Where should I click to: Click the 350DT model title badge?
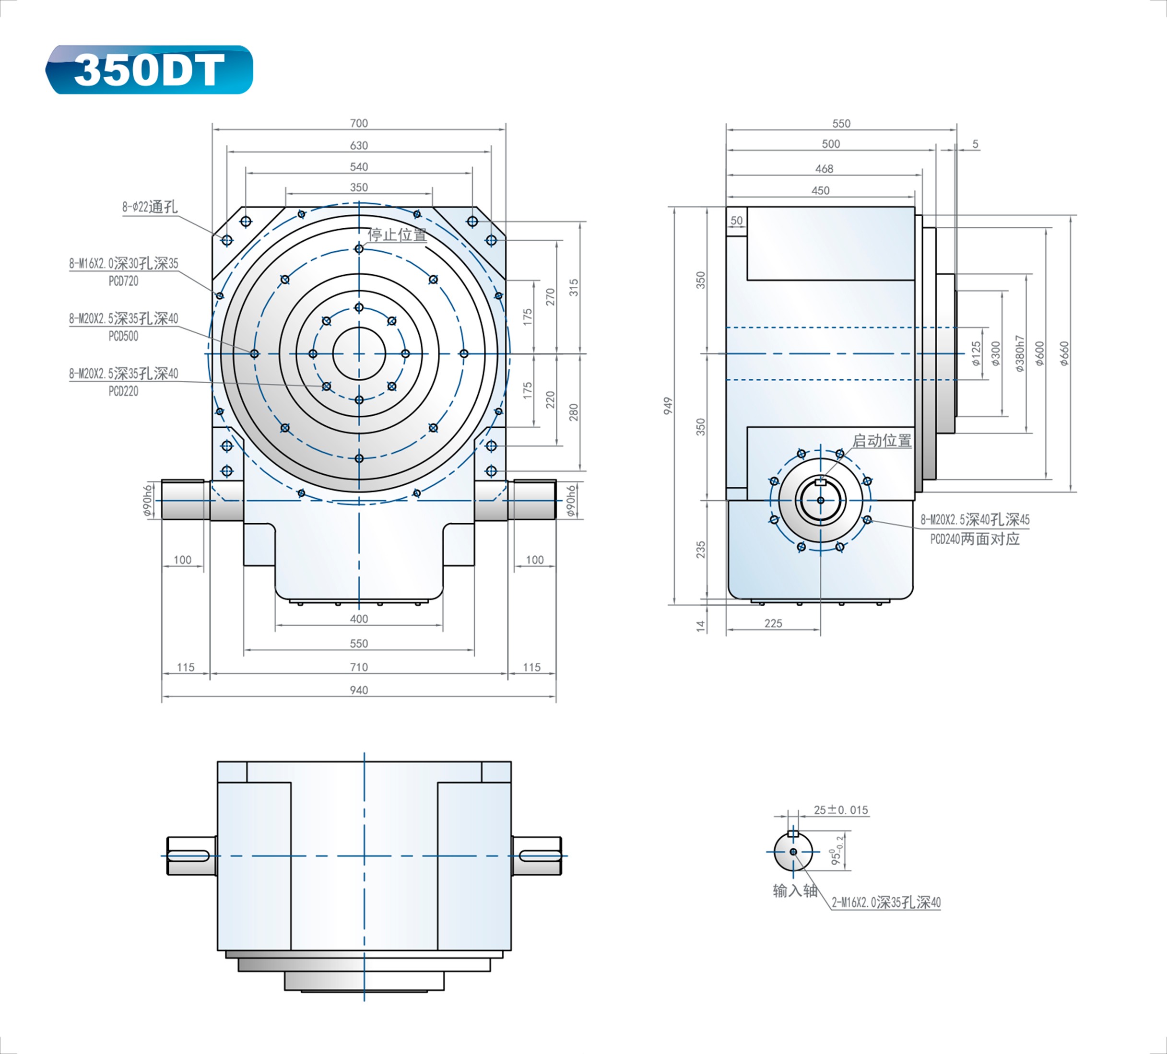149,70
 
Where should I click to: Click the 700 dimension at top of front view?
358,123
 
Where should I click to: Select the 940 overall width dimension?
358,690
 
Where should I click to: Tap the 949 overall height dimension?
668,406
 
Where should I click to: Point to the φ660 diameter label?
1064,353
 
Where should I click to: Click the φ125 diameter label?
977,353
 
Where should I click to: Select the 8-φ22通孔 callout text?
149,207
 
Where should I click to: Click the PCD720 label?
123,281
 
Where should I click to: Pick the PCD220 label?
123,391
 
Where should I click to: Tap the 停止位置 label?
397,235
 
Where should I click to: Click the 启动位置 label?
882,441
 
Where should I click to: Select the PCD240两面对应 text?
975,539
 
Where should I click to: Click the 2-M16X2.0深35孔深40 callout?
885,902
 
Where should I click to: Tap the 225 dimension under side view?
773,623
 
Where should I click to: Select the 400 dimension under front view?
358,619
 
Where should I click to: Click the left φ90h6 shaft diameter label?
148,501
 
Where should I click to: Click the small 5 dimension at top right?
976,144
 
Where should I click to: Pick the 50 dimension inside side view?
736,221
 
